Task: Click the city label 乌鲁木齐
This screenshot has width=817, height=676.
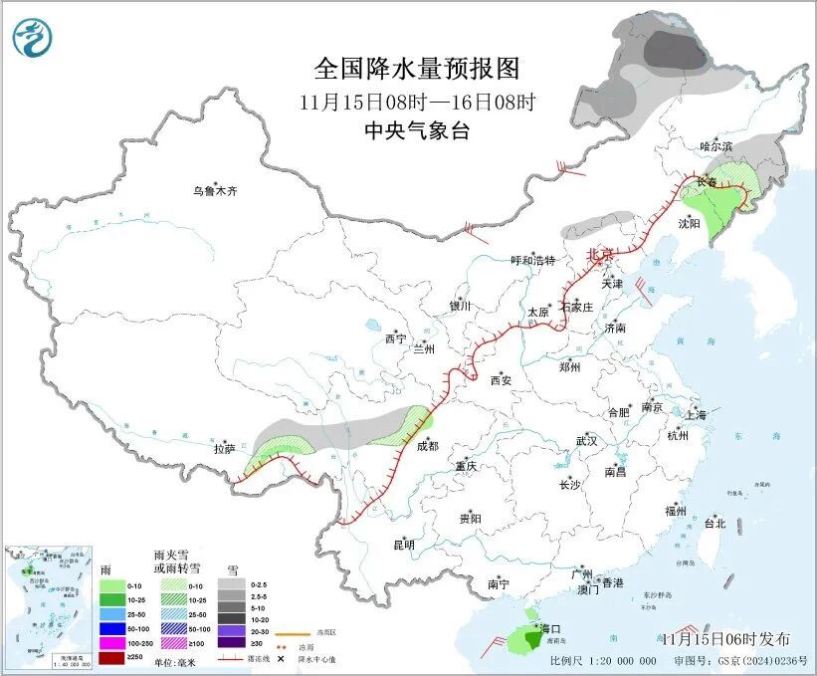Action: point(216,190)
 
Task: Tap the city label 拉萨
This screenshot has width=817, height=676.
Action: point(224,449)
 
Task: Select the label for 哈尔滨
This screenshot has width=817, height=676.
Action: point(715,146)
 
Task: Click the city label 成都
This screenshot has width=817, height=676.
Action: point(428,447)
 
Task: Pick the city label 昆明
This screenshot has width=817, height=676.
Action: point(403,545)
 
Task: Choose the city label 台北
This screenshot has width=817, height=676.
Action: point(715,523)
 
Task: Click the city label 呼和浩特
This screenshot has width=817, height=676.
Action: point(532,261)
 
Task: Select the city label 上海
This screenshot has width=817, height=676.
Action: point(696,414)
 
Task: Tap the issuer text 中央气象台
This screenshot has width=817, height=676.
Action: point(416,130)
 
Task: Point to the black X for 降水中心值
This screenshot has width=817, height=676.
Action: point(296,658)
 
